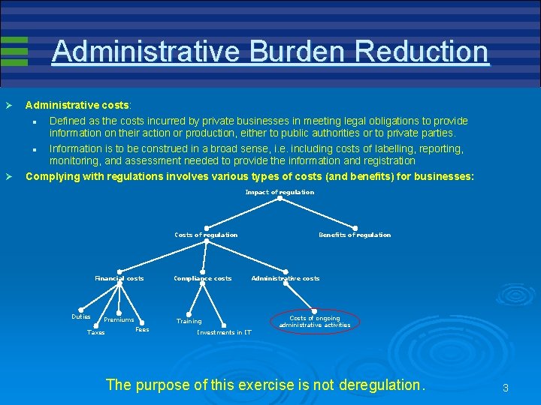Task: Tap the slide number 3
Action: pyautogui.click(x=506, y=388)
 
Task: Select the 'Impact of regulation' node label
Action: pyautogui.click(x=280, y=193)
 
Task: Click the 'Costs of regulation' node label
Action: pyautogui.click(x=206, y=235)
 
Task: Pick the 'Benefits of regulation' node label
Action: pyautogui.click(x=355, y=235)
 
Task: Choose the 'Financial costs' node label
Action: pyautogui.click(x=119, y=278)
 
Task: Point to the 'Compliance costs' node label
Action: pyautogui.click(x=203, y=278)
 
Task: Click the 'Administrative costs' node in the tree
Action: pyautogui.click(x=286, y=278)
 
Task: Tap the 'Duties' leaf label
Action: pyautogui.click(x=81, y=316)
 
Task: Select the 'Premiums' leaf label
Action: pyautogui.click(x=119, y=320)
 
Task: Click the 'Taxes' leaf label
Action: pyautogui.click(x=96, y=332)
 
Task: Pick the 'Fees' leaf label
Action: pyautogui.click(x=142, y=329)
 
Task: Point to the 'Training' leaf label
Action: pyautogui.click(x=189, y=321)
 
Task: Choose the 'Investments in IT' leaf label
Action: pyautogui.click(x=224, y=332)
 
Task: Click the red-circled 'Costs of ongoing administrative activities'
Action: pyautogui.click(x=315, y=322)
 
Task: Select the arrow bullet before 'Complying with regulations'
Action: pyautogui.click(x=9, y=177)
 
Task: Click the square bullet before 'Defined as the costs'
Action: pyautogui.click(x=35, y=121)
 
